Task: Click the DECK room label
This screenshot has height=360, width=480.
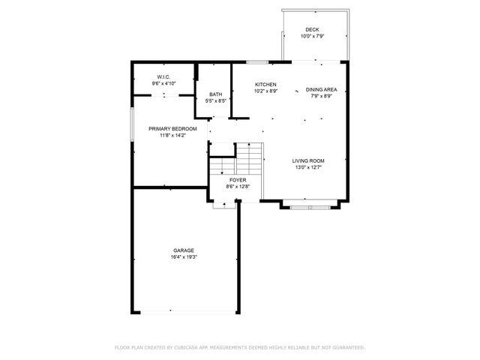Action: (x=311, y=29)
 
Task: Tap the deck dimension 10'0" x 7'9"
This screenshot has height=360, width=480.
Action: (x=311, y=36)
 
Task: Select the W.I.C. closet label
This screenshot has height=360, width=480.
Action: (x=163, y=77)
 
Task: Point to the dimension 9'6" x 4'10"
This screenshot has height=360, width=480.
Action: (x=163, y=84)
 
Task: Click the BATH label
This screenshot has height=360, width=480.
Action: (x=215, y=94)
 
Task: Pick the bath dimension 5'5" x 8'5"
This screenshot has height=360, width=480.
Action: (x=215, y=101)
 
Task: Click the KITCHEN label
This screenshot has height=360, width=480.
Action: (x=265, y=84)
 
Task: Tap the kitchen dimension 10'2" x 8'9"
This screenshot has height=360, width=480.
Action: (x=265, y=91)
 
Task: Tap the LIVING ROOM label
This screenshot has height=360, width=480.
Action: (x=307, y=160)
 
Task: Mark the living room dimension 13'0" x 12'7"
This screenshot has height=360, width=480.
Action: (x=307, y=167)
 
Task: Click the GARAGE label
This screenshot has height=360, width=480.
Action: (x=184, y=250)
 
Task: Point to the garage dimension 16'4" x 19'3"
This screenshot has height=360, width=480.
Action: (x=184, y=257)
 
